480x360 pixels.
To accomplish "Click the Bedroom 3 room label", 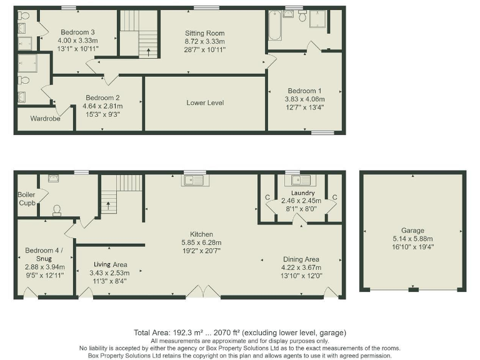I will coord(77,32).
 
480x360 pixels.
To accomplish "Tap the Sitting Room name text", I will coord(204,33).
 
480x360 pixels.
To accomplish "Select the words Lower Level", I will coord(204,102).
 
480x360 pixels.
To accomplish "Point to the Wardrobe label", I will coord(44,118).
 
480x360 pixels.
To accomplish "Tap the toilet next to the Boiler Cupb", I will coord(57,209).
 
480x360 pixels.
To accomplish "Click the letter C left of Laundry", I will coord(267,197).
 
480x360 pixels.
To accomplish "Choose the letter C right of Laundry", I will coord(334,197).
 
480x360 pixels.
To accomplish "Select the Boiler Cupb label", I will coord(26,199).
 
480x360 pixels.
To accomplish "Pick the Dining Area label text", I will coord(301,259).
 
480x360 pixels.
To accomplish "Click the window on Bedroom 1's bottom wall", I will coord(322,132).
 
